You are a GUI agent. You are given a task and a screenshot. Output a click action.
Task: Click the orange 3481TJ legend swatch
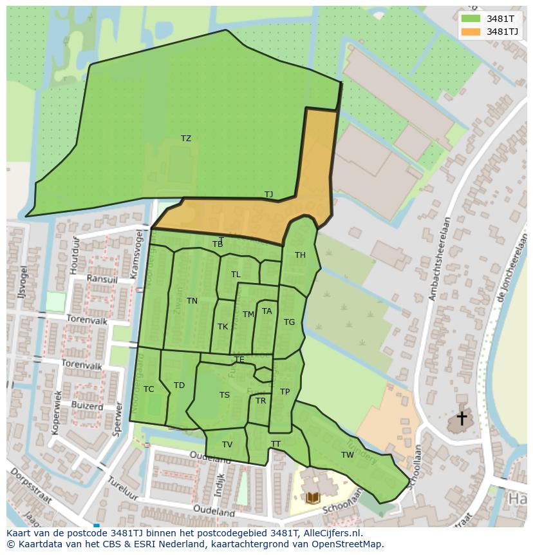pos(471,32)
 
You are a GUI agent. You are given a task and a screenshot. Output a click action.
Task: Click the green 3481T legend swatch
pos(471,18)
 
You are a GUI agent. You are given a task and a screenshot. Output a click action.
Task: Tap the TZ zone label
pos(186,139)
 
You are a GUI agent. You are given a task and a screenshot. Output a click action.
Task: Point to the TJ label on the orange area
pos(269,194)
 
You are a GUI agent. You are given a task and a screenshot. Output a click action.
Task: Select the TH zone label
pos(300,255)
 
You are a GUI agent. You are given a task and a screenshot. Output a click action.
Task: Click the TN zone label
pos(192,301)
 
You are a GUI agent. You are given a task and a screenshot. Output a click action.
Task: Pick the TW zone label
pos(348,455)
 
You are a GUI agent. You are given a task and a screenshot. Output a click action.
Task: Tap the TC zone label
pos(149,389)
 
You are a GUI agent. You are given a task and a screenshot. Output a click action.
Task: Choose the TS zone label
pos(224,395)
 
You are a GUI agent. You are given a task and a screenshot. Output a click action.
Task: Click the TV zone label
pos(227,445)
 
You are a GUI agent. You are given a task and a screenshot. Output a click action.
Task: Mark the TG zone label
pos(289,322)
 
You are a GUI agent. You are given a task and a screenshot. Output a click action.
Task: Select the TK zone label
pos(223,327)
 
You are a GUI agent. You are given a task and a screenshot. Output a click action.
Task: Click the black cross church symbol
pos(462,418)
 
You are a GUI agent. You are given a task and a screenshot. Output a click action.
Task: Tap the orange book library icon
pos(313,498)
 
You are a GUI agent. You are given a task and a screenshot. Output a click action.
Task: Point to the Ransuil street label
pos(102,279)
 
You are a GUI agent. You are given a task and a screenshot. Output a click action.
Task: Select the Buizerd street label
pos(88,407)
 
